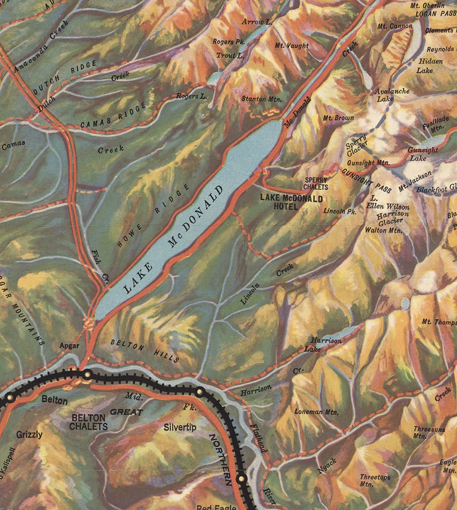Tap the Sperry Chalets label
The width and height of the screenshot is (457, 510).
pos(315,184)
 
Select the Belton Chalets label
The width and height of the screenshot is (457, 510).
pos(89,422)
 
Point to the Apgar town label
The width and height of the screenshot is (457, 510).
pos(69,345)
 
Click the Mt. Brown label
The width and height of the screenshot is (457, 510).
pos(338,118)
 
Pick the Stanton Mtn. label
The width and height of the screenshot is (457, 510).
pos(261,99)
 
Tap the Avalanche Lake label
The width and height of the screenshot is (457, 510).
pos(392,94)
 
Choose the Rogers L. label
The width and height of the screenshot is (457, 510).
pos(192,96)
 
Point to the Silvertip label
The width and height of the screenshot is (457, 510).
pos(180,427)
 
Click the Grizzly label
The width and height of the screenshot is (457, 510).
pos(29,435)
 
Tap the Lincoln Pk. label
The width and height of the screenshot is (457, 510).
pos(340,211)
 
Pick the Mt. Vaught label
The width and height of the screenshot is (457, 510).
pos(292,45)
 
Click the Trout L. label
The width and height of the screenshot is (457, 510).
pos(230,55)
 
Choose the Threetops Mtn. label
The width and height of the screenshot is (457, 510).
pos(374,480)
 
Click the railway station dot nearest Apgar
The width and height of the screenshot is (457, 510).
pos(87,375)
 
